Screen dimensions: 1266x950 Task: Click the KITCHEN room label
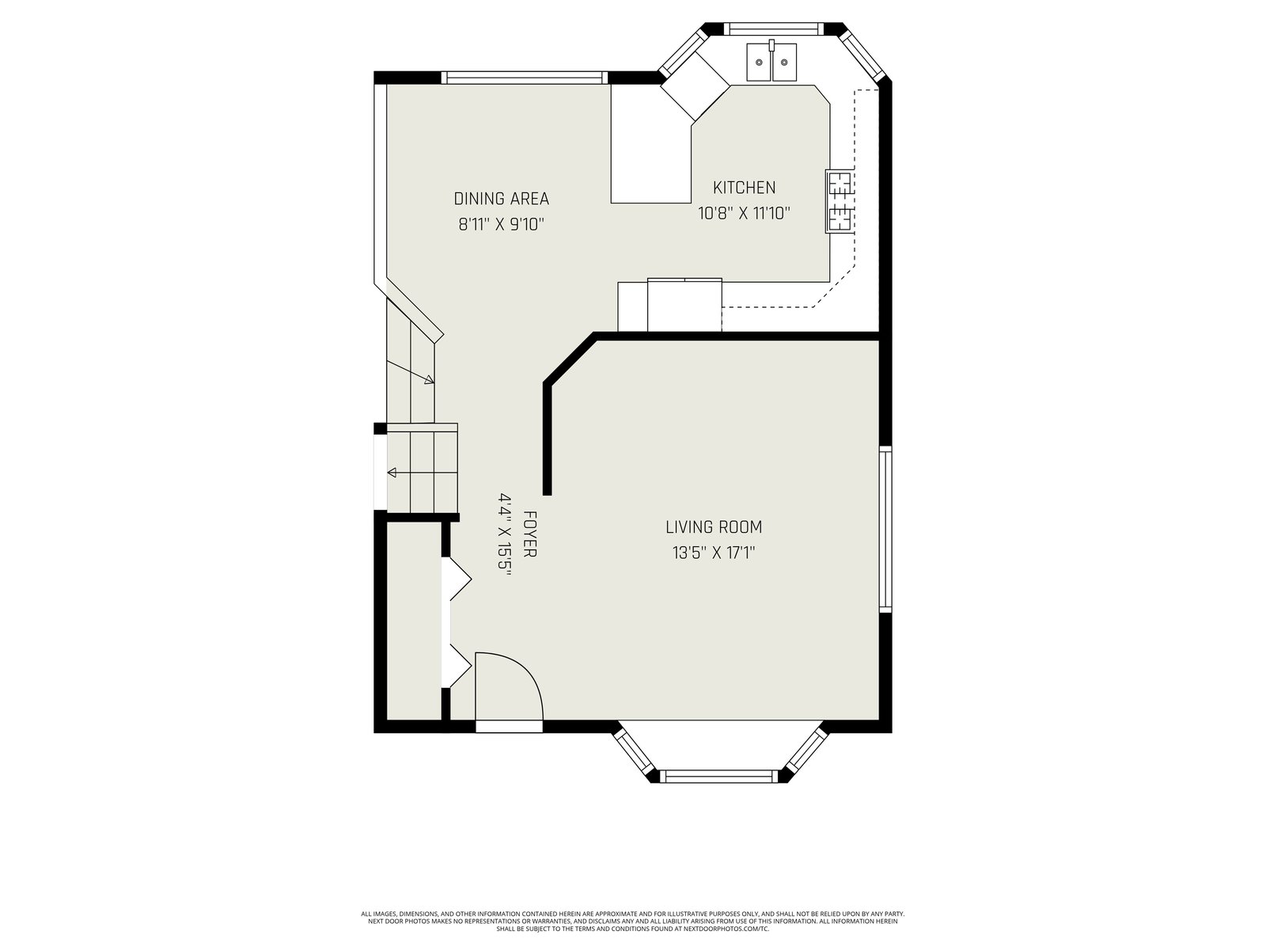point(744,188)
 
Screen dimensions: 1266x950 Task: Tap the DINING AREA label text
point(501,199)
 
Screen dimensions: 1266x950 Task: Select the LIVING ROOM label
point(714,527)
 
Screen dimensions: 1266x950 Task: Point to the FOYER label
point(529,534)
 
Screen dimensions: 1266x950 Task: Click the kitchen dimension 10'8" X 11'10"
point(744,214)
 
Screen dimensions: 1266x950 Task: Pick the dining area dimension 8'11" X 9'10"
point(501,224)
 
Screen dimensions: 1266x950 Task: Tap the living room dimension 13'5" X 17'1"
point(714,553)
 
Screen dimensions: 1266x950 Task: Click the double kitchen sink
point(772,62)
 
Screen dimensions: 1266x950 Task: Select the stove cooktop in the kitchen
point(840,201)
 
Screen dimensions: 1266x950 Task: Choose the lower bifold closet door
point(460,667)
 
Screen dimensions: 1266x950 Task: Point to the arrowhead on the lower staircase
point(392,473)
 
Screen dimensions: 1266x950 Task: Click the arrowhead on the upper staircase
point(430,379)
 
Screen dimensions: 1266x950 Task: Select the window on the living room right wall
point(885,529)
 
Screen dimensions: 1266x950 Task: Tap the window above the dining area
point(525,78)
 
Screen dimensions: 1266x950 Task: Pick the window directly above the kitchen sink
point(771,28)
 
